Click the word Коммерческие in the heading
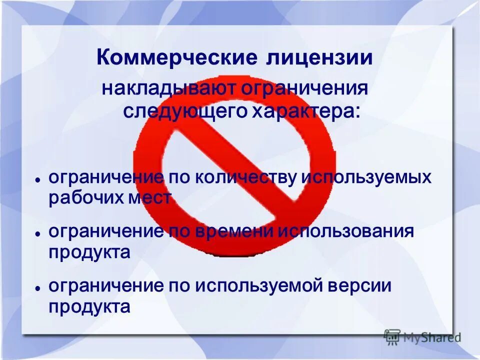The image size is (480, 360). coord(174,57)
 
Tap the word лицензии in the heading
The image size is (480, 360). coord(316,57)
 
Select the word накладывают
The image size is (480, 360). coord(169,89)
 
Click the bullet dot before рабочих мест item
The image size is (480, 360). coord(37,179)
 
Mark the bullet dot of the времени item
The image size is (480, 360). coord(37,233)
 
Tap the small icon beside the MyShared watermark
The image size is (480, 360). coord(392,336)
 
